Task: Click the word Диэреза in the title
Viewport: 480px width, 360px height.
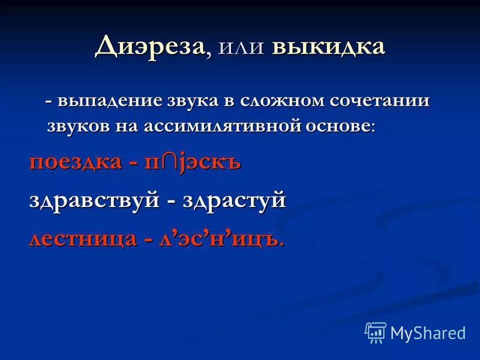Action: tap(149, 47)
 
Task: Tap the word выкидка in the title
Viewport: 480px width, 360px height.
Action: tap(328, 47)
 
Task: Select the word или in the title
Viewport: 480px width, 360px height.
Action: tap(242, 49)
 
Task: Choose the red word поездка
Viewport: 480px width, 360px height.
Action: tap(75, 163)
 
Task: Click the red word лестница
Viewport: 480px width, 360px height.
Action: tap(83, 238)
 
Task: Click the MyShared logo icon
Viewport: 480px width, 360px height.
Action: tap(376, 332)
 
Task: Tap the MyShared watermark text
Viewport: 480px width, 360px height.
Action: tap(428, 332)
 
